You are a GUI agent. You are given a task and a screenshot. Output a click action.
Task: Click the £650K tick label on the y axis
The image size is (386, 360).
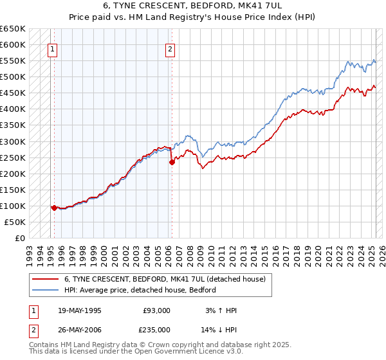pos(13,29)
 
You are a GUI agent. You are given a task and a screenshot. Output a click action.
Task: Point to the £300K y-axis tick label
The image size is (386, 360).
pos(13,141)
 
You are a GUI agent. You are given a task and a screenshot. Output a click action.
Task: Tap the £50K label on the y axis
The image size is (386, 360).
pos(15,222)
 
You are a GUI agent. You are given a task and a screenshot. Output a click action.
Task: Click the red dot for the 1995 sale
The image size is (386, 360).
pos(54,208)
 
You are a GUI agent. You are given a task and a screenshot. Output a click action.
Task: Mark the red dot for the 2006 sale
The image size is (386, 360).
pos(172,162)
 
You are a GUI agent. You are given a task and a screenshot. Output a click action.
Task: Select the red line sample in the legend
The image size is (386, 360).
pos(44,279)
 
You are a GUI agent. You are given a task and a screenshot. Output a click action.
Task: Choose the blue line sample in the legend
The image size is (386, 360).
pos(44,290)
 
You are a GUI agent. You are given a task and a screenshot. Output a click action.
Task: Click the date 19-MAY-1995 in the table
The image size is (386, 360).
pos(79,310)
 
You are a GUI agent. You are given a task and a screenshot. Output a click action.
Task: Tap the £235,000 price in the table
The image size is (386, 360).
pos(156,329)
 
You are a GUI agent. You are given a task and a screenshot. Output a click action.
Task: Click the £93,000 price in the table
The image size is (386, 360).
pos(156,310)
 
